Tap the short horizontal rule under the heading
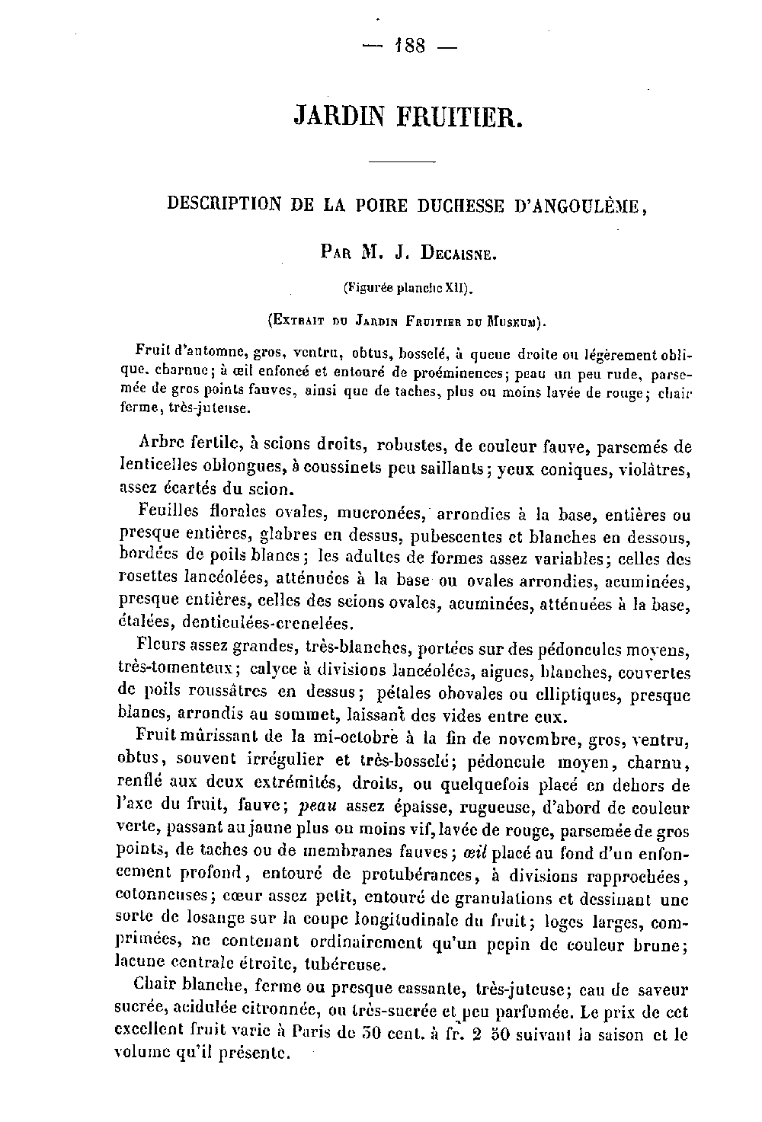402,161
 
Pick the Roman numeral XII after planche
456,289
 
